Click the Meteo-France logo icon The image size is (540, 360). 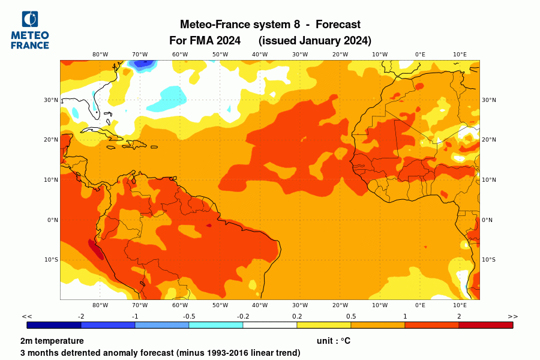point(29,19)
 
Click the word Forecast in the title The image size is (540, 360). point(338,25)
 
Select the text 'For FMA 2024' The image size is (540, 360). point(205,41)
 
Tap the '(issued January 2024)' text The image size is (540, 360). point(315,41)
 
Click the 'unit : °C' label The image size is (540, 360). point(333,341)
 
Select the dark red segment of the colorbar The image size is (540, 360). point(485,325)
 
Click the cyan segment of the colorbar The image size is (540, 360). point(215,325)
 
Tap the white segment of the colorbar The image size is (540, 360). point(269,325)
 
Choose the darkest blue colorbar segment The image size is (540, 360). point(54,325)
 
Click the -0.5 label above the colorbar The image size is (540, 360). point(189,316)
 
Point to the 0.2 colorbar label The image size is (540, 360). point(297,316)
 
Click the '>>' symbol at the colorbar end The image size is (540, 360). point(512,316)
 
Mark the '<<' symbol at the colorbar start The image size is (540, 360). point(27,316)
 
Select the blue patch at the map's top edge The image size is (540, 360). point(143,64)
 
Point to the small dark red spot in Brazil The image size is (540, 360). point(209,226)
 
